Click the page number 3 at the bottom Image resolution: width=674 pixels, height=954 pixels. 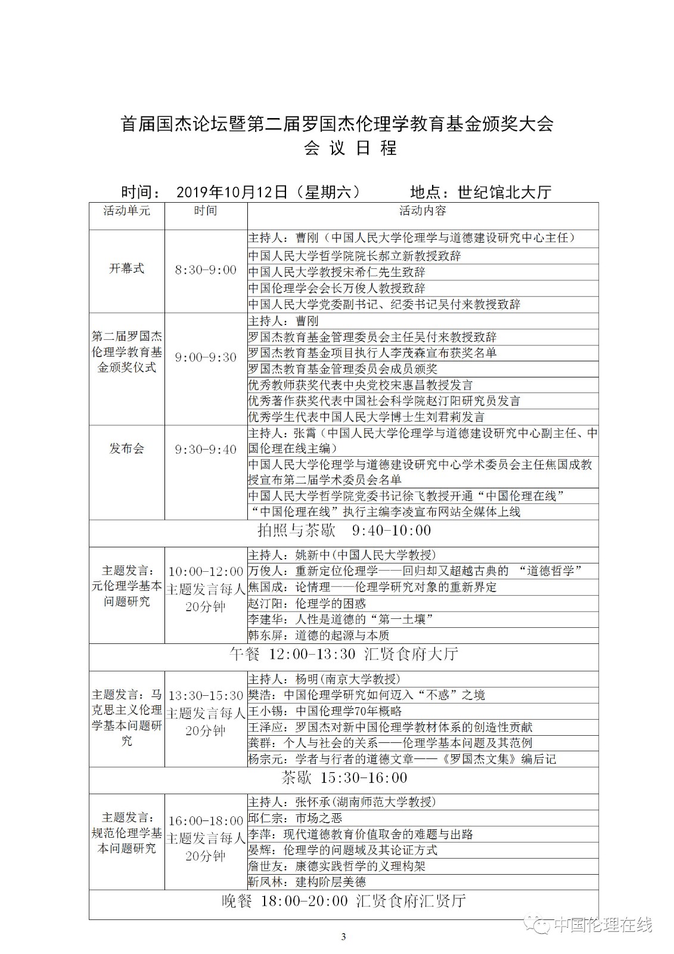point(343,936)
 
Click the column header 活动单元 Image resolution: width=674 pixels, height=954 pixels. point(126,210)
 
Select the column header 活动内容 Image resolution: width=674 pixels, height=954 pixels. point(423,210)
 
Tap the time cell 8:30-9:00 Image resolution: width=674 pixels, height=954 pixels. point(206,270)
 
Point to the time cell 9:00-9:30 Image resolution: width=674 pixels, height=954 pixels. point(206,357)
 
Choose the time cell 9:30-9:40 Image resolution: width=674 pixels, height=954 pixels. point(206,450)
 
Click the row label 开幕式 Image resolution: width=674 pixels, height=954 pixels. point(126,268)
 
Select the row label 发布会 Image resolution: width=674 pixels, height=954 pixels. point(126,448)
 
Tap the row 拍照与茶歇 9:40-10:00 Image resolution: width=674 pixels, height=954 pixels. point(344,530)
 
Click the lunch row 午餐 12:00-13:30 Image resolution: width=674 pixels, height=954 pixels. point(344,654)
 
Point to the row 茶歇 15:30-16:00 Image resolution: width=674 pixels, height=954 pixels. point(344,778)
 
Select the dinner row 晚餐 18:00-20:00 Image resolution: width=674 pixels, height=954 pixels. point(344,901)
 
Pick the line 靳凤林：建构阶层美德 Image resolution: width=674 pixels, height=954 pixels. point(307,882)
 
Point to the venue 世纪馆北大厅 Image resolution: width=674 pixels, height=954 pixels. point(504,192)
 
